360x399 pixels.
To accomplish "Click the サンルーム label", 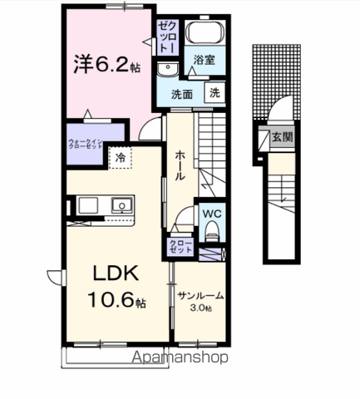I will [x=200, y=297].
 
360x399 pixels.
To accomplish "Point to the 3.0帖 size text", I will [x=200, y=308].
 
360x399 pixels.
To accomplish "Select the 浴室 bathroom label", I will [x=205, y=61].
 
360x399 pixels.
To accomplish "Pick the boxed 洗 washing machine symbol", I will [x=215, y=94].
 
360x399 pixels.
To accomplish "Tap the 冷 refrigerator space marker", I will [x=121, y=155].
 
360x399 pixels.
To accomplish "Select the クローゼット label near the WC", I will [x=180, y=246].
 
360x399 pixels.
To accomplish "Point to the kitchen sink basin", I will [x=122, y=204].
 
